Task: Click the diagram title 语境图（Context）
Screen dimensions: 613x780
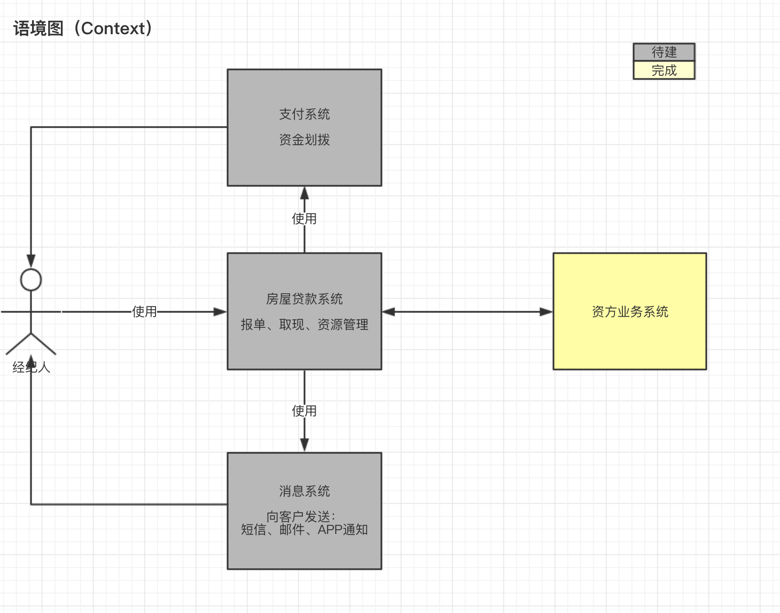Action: (83, 28)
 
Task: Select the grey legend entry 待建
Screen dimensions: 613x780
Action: (664, 52)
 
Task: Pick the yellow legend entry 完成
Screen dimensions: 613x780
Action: (664, 70)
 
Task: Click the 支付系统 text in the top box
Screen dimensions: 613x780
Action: (305, 114)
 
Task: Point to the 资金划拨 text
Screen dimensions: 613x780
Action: (305, 140)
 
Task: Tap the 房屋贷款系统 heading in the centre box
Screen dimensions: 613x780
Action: (305, 299)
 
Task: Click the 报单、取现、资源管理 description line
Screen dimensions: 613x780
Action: (305, 325)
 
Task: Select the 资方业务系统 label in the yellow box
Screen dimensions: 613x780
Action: (630, 312)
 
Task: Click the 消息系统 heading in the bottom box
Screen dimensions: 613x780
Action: (305, 491)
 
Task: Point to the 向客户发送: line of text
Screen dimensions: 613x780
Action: (301, 516)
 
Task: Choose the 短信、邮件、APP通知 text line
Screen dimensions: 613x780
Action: (305, 530)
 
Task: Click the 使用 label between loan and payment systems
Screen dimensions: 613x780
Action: (305, 219)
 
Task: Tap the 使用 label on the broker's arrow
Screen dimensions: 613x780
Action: (144, 312)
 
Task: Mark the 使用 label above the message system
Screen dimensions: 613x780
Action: (305, 411)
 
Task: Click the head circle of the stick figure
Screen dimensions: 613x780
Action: (31, 280)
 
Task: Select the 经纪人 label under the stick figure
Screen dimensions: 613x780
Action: (31, 367)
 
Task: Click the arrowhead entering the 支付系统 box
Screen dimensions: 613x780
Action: (305, 193)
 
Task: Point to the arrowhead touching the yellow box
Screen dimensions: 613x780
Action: (546, 312)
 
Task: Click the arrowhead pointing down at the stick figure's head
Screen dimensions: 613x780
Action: (31, 261)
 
